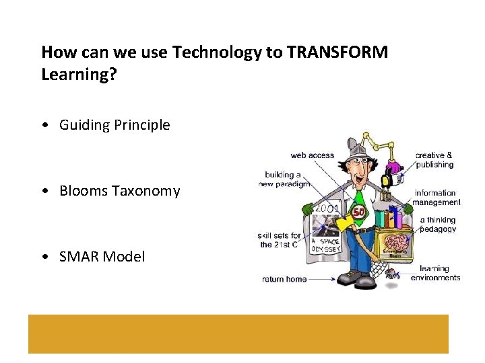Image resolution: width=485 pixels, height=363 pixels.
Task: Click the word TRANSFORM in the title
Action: pyautogui.click(x=337, y=52)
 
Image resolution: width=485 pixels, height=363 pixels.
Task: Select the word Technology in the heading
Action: pyautogui.click(x=207, y=52)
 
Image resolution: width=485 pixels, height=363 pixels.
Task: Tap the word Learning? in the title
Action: pyautogui.click(x=79, y=74)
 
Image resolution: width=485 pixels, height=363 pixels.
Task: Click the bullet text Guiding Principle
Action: pyautogui.click(x=115, y=125)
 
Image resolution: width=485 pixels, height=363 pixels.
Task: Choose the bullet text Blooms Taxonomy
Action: pyautogui.click(x=119, y=191)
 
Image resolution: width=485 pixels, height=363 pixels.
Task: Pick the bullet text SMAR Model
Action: pyautogui.click(x=102, y=257)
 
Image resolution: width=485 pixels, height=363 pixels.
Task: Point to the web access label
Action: pyautogui.click(x=312, y=155)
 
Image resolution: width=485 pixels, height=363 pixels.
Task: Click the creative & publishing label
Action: pyautogui.click(x=434, y=160)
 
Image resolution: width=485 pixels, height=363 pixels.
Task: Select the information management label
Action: pyautogui.click(x=437, y=198)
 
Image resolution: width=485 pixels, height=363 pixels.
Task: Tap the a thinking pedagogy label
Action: pyautogui.click(x=438, y=225)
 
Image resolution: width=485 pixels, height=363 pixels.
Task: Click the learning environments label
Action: pyautogui.click(x=435, y=273)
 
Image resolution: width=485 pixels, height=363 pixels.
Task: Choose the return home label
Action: pyautogui.click(x=284, y=279)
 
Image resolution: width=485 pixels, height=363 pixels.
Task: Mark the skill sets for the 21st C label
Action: pyautogui.click(x=279, y=240)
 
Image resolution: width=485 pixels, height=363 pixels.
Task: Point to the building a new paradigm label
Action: pyautogui.click(x=283, y=179)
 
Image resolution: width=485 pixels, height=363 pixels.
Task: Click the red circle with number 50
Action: pyautogui.click(x=359, y=212)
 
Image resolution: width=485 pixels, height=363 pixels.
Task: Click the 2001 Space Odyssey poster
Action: pyautogui.click(x=326, y=229)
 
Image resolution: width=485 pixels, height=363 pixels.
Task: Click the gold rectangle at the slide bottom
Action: pyautogui.click(x=238, y=333)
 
